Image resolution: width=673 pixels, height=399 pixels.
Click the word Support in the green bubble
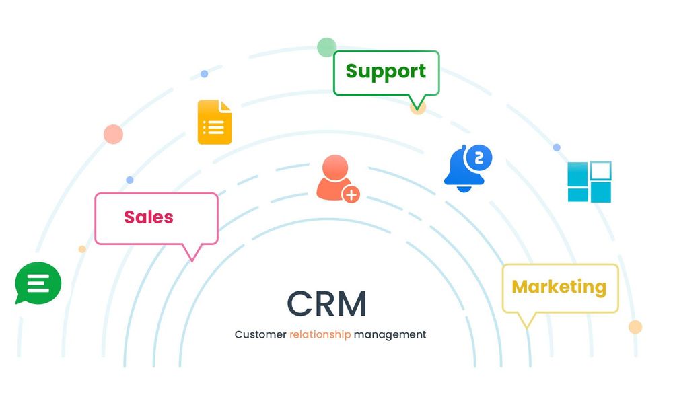tap(386, 71)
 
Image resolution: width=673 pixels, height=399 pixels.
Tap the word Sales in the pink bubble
tap(149, 217)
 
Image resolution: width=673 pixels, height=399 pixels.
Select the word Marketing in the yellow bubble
tap(559, 287)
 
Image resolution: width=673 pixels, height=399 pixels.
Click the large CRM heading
tap(327, 303)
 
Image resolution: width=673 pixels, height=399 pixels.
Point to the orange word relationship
tap(320, 334)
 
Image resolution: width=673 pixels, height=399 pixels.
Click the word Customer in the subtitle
tap(260, 334)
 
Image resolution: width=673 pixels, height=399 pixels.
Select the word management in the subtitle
tap(390, 334)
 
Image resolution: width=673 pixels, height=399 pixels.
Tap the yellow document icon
tap(215, 122)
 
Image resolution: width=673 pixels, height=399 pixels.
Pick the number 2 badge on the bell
tap(479, 158)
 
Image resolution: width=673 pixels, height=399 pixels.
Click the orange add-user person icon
tap(336, 178)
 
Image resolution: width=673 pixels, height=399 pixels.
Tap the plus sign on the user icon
tap(351, 194)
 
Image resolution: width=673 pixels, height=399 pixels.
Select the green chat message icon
tap(38, 283)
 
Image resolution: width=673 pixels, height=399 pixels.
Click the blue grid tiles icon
tap(589, 182)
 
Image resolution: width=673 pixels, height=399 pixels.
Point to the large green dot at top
tap(326, 47)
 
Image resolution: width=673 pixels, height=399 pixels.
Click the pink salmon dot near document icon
tap(113, 134)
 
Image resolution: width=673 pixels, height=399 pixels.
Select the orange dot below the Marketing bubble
tap(635, 327)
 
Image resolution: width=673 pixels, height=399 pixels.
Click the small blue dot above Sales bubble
tap(130, 180)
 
